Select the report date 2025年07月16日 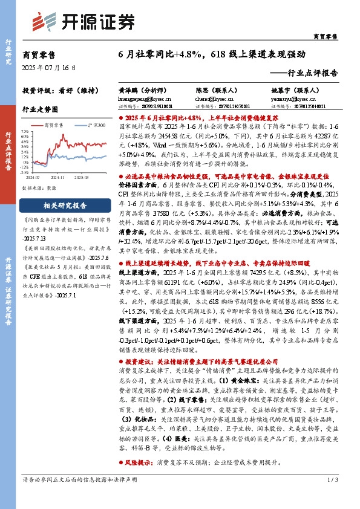click(x=49, y=67)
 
